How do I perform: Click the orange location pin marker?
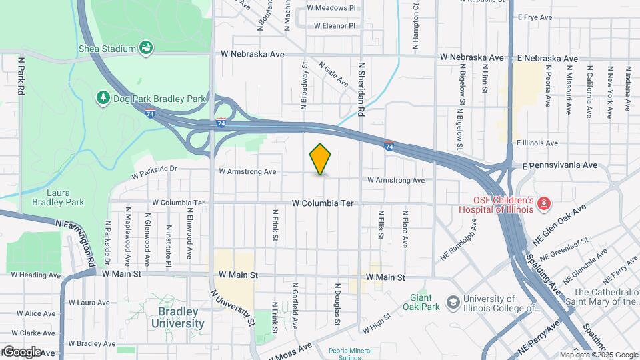(321, 159)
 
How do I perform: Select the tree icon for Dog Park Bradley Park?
(103, 99)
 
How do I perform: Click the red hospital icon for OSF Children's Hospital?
(544, 203)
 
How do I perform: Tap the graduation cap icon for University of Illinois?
(453, 303)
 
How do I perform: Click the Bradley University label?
(177, 318)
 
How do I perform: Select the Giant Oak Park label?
(421, 303)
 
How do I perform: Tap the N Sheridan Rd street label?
(362, 89)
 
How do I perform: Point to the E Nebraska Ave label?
(547, 59)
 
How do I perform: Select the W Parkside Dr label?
(155, 173)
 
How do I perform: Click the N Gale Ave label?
(333, 75)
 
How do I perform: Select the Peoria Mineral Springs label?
(354, 353)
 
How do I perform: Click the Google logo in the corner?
(22, 351)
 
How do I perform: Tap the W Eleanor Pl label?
(335, 26)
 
